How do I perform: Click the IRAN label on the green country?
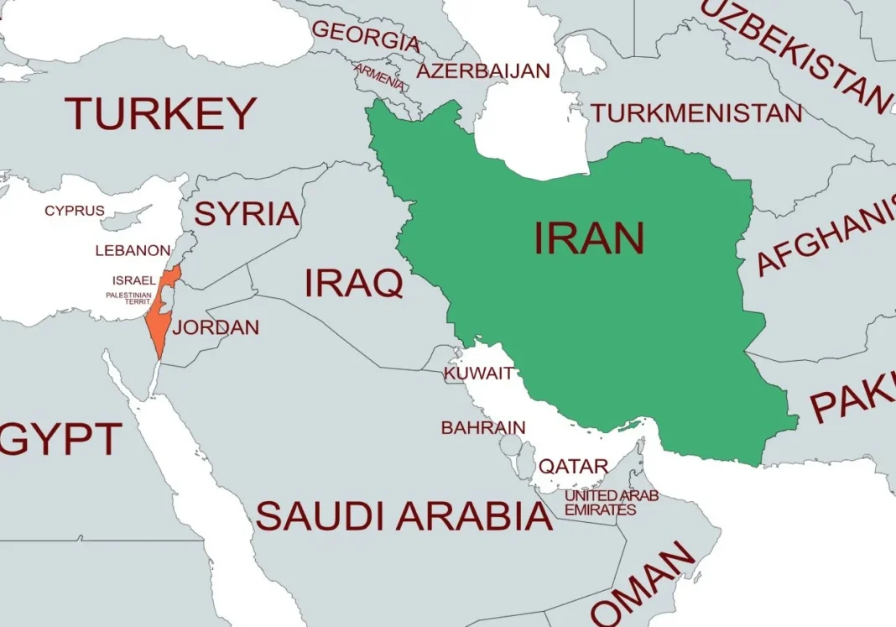589,238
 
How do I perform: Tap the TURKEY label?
160,113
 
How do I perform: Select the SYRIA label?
247,214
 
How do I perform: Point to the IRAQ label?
353,284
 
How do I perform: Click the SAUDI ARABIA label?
404,515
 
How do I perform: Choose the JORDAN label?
216,327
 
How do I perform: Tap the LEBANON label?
133,250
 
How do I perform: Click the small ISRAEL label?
133,280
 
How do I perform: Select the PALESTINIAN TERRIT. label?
128,298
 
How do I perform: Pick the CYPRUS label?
75,211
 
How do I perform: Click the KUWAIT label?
478,374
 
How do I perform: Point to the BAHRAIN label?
483,427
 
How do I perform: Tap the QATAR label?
573,466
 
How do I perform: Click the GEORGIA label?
366,36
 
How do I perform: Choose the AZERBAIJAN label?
483,71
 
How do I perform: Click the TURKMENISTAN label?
695,112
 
